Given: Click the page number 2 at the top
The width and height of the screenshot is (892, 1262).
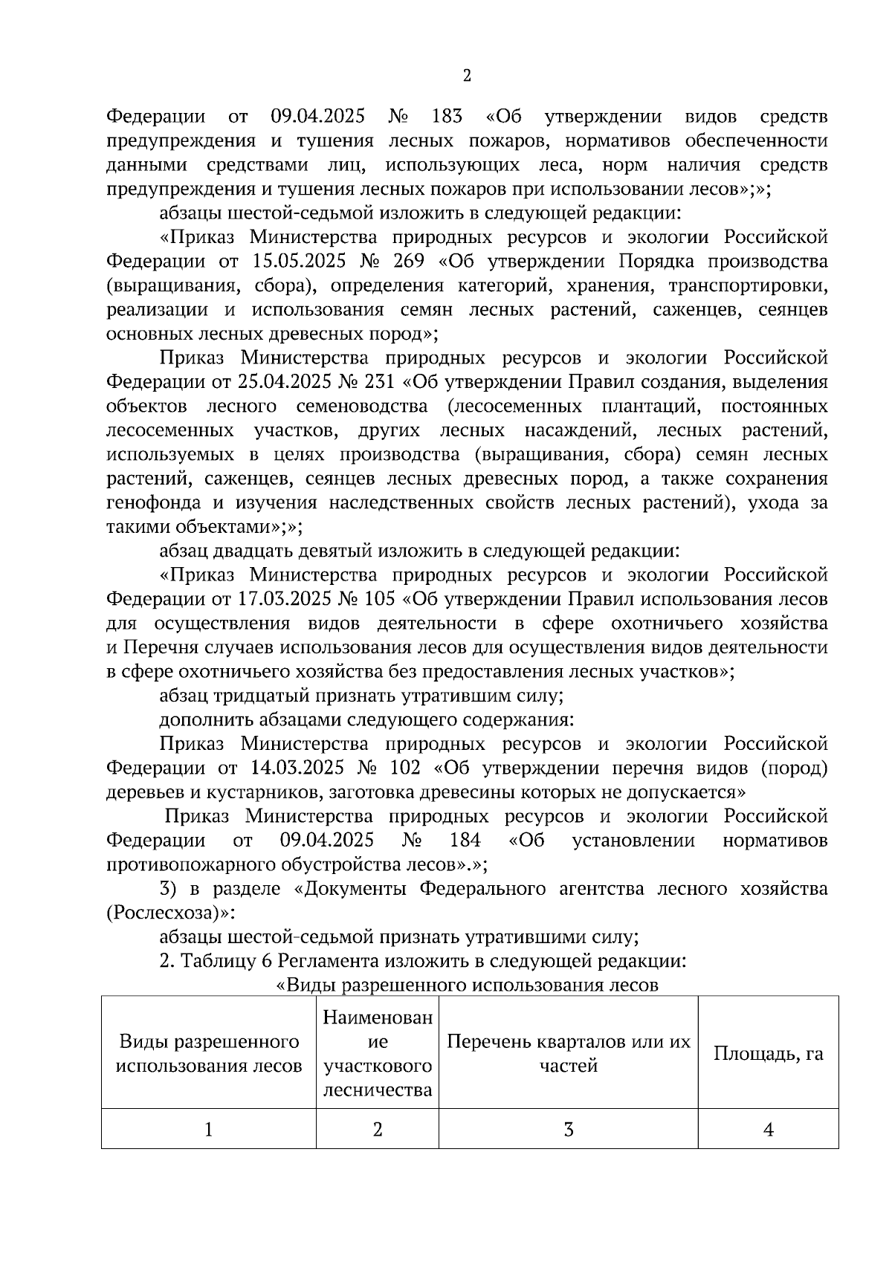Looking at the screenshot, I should (x=467, y=76).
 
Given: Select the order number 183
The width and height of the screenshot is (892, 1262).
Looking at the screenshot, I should (x=446, y=117).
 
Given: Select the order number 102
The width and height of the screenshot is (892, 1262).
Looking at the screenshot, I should (x=404, y=768).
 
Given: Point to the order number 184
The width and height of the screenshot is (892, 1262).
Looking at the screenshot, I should (x=465, y=841).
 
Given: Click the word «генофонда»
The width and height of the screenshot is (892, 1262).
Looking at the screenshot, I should (x=154, y=503).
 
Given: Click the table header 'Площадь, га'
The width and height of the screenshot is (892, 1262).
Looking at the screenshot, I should (x=768, y=1053).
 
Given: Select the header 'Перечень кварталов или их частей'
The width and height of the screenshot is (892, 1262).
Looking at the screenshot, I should (x=568, y=1053).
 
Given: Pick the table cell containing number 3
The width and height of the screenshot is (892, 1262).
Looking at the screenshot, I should (x=568, y=1130).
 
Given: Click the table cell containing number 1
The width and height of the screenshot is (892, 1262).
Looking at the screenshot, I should (x=209, y=1130).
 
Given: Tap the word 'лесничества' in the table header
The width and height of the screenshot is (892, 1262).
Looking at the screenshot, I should (x=378, y=1090).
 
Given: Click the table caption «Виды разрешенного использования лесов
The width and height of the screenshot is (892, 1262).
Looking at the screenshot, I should (x=467, y=986).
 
